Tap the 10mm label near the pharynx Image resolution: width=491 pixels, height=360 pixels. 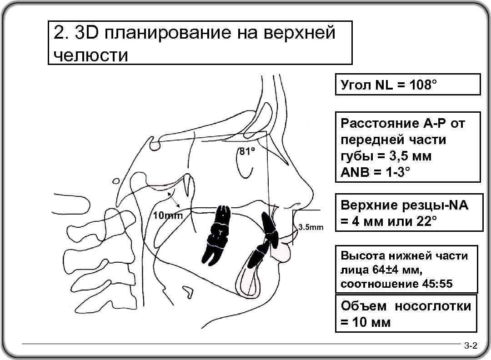point(168,215)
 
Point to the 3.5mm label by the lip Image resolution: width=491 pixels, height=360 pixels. point(311,227)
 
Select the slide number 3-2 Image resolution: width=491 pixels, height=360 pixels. point(470,347)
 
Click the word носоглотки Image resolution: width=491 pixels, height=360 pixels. point(433,306)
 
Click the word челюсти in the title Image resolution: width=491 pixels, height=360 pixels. point(90,55)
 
